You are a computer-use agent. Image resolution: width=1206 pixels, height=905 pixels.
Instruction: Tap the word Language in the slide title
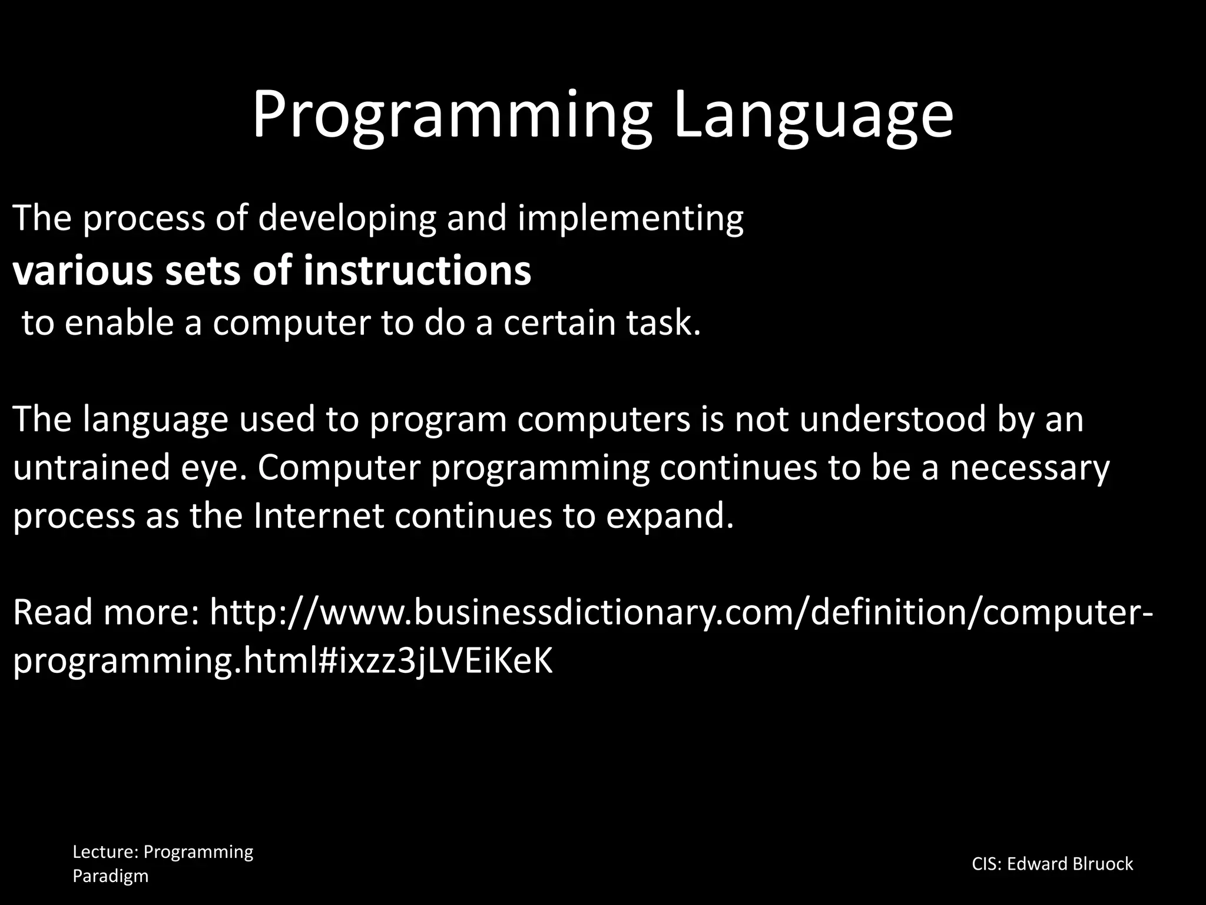tap(813, 115)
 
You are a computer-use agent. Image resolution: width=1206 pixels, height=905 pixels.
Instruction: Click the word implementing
tap(631, 219)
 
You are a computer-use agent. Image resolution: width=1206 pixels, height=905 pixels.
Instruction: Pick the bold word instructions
tap(417, 271)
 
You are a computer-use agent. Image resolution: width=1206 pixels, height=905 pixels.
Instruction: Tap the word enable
tap(119, 323)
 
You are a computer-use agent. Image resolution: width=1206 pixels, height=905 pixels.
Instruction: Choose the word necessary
tap(1029, 468)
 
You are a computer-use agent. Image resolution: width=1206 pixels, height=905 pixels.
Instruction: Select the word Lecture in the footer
tap(104, 852)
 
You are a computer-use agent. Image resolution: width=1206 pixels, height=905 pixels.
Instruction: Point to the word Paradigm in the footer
tap(110, 876)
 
